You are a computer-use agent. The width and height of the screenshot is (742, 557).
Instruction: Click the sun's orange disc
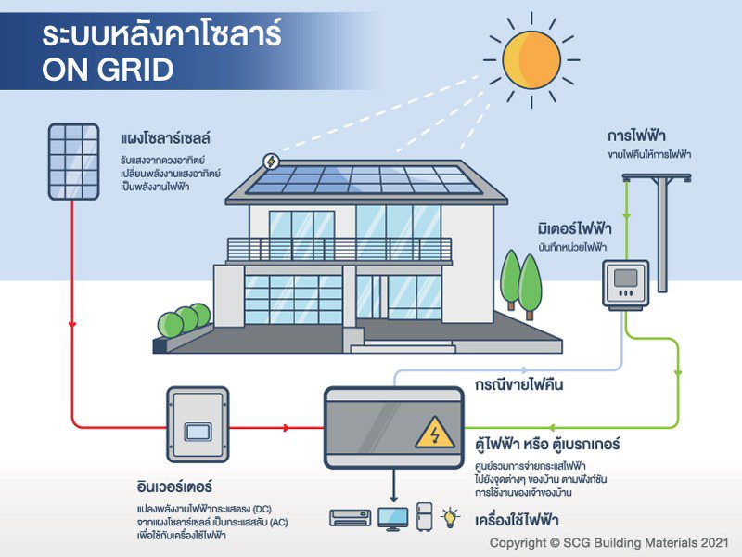click(531, 56)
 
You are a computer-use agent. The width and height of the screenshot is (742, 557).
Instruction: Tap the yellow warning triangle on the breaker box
click(432, 433)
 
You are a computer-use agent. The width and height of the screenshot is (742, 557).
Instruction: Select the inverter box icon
click(197, 428)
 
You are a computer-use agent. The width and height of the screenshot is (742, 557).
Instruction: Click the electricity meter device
click(625, 283)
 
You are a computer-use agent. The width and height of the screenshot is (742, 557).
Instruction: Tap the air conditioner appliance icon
click(351, 517)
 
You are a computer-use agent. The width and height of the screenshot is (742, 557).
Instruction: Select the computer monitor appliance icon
click(392, 516)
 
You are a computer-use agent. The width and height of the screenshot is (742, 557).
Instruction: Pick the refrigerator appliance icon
click(425, 515)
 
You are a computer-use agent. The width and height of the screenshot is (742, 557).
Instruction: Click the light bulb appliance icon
click(452, 515)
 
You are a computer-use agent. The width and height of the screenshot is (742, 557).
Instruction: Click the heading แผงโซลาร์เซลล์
click(166, 139)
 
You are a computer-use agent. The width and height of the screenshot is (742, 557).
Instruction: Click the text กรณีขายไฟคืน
click(518, 383)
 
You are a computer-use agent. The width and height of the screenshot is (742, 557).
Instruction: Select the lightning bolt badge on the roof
click(271, 161)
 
